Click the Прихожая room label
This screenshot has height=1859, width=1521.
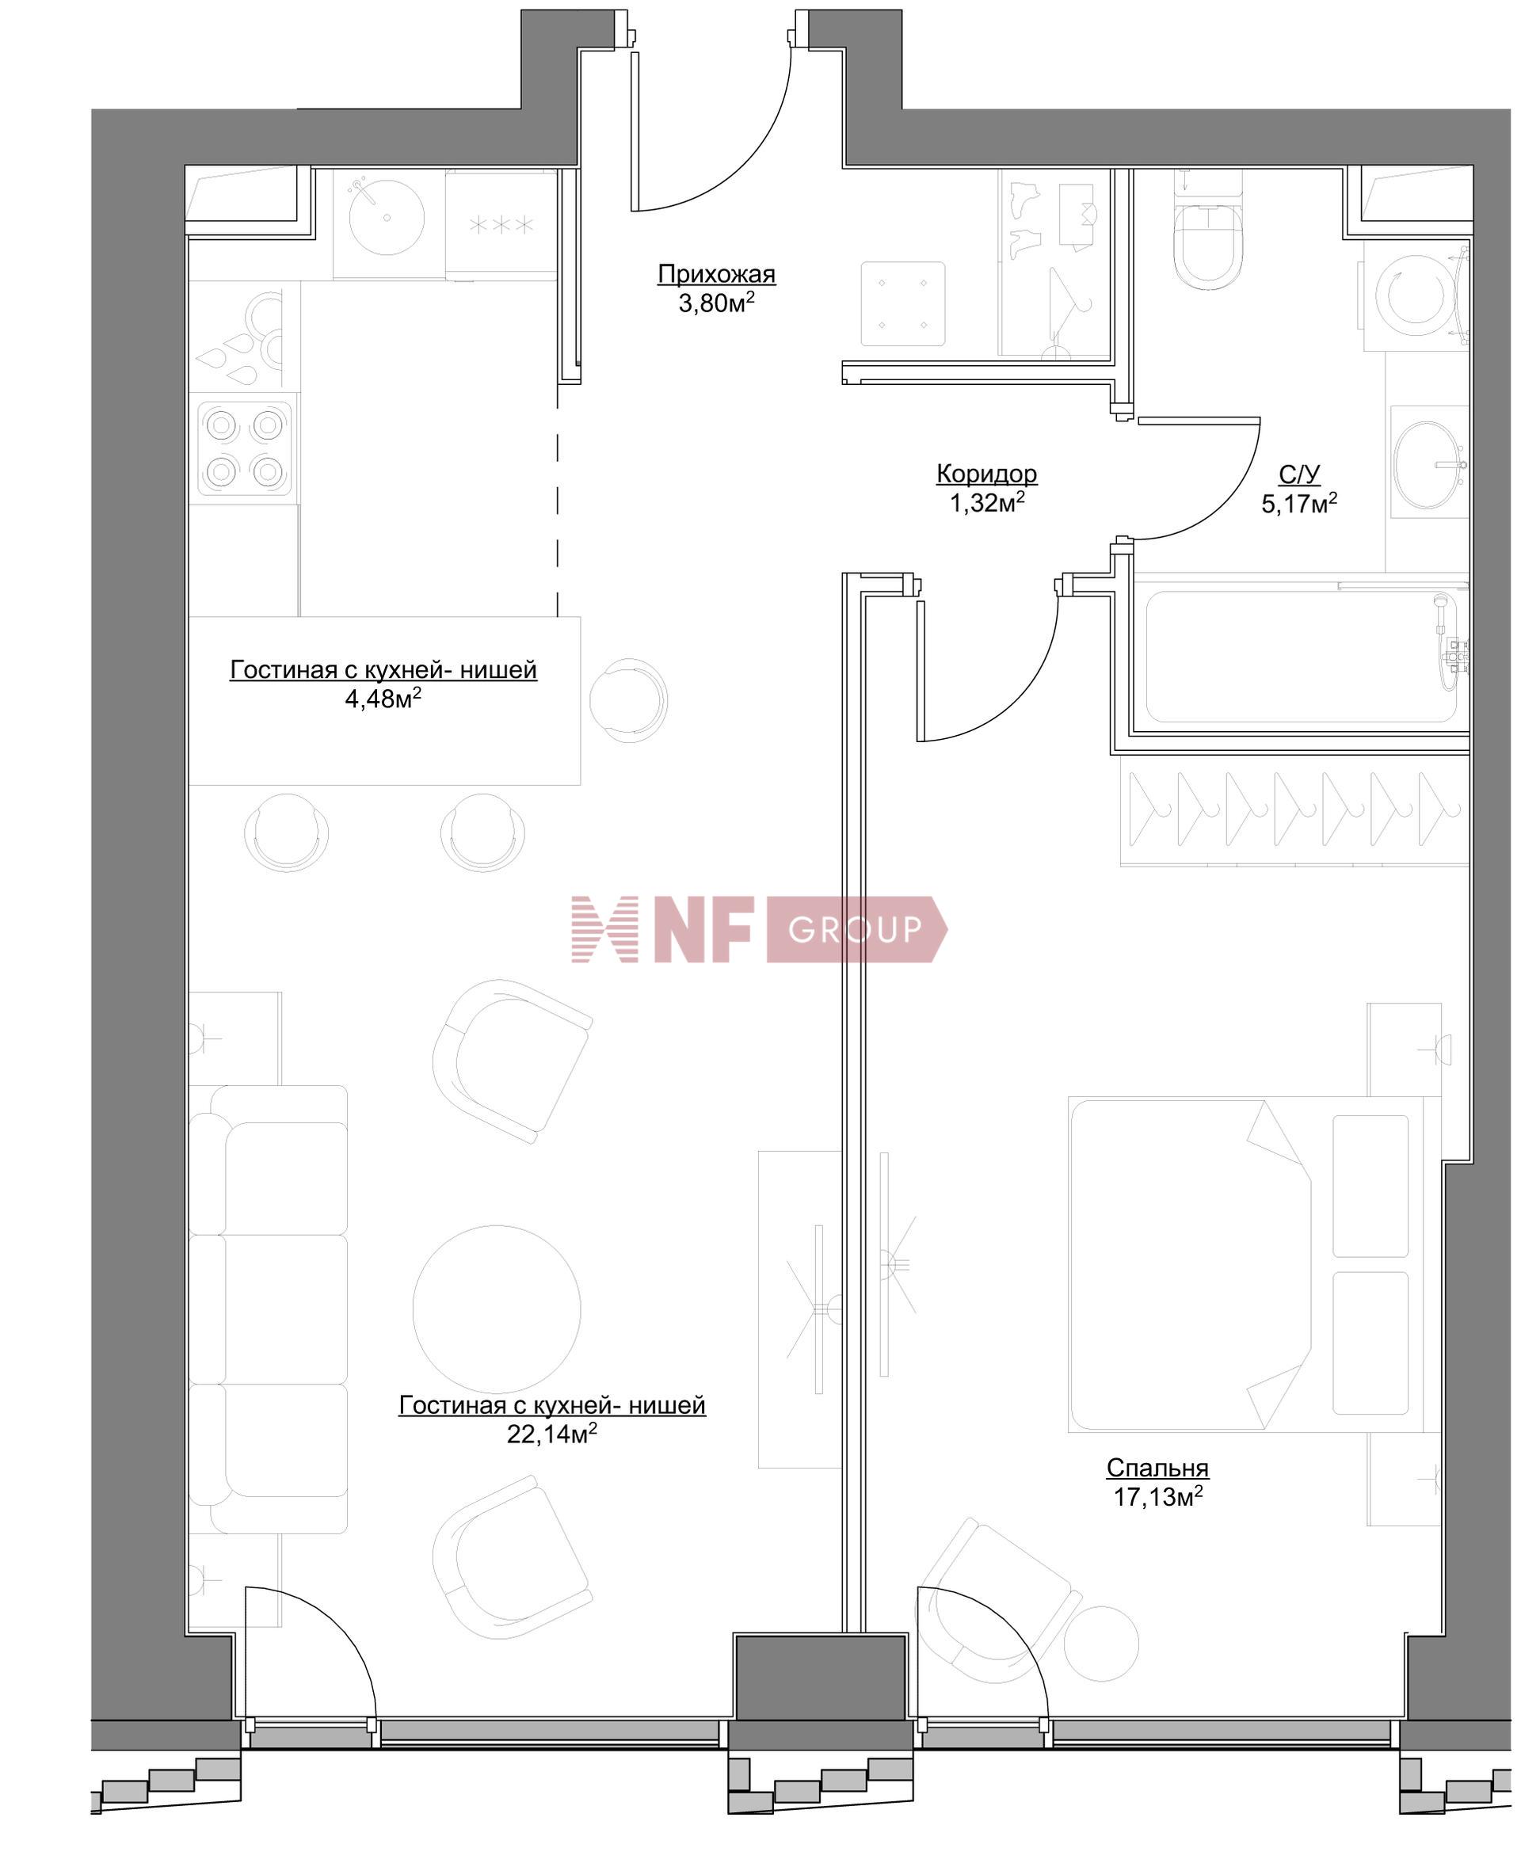click(x=716, y=274)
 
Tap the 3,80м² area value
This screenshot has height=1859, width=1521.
click(x=716, y=304)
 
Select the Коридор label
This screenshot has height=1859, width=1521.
click(x=986, y=474)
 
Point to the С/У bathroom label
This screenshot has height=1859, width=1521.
click(x=1298, y=474)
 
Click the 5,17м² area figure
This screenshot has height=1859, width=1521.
click(x=1298, y=504)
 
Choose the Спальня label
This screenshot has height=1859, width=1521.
click(x=1157, y=1468)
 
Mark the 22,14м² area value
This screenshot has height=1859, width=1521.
click(x=552, y=1434)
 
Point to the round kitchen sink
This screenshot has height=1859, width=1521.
click(x=387, y=216)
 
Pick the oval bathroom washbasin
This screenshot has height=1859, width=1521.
click(x=1428, y=465)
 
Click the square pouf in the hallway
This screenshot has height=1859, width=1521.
click(x=902, y=304)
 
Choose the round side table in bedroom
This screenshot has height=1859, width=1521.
click(x=1100, y=1644)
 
